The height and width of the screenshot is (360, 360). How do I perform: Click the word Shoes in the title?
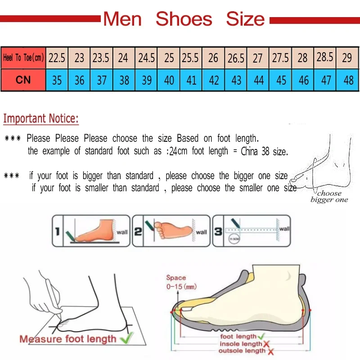[184, 19]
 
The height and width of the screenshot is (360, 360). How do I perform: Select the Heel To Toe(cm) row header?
[23, 58]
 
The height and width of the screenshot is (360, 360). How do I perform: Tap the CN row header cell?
[23, 80]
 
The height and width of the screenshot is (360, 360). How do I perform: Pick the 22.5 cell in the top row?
[57, 58]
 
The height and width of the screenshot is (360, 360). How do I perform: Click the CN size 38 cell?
[124, 80]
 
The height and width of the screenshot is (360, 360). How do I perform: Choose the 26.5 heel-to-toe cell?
[236, 58]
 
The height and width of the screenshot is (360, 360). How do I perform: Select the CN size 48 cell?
[348, 80]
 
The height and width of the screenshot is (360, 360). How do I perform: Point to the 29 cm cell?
[347, 58]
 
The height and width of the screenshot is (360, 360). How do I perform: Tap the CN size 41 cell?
[192, 80]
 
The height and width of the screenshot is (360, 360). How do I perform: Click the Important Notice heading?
[41, 119]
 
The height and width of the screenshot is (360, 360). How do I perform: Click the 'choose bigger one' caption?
[329, 197]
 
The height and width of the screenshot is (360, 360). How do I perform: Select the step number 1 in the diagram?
[57, 232]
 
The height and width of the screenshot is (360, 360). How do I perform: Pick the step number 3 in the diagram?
[218, 232]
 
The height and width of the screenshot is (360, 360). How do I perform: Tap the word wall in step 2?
[201, 232]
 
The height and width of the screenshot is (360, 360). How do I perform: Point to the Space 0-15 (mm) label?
[180, 282]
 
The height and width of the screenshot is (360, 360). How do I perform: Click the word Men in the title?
[122, 19]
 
